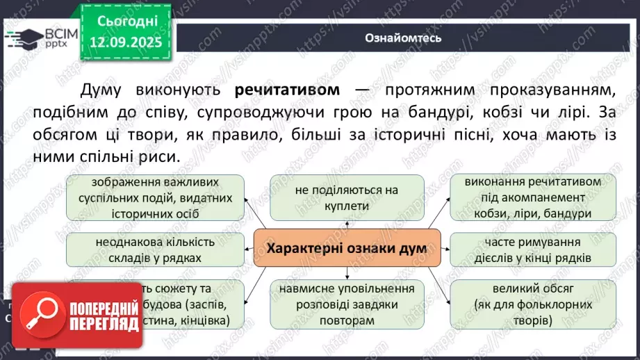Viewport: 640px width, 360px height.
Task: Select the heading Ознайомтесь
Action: [x=403, y=38]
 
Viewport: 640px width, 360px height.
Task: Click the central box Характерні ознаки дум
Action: [x=347, y=248]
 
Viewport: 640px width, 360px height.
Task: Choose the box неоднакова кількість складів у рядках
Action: [x=156, y=250]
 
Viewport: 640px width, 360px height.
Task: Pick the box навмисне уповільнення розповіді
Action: [x=347, y=304]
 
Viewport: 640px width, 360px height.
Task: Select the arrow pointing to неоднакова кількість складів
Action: [x=249, y=248]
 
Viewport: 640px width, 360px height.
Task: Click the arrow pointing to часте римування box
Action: [x=445, y=248]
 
